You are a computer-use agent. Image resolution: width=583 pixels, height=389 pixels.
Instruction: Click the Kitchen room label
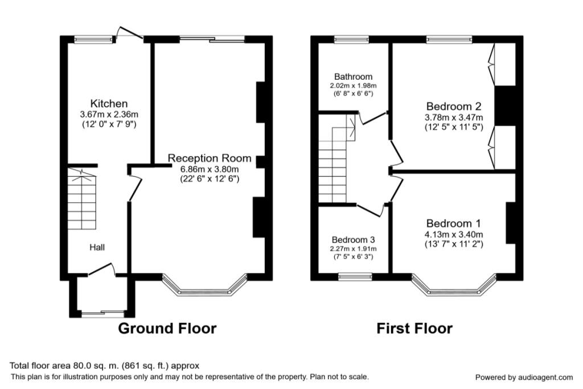[109, 104]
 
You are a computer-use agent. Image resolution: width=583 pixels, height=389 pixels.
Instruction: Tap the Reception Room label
[209, 158]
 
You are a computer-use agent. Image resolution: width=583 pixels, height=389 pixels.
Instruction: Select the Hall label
[96, 247]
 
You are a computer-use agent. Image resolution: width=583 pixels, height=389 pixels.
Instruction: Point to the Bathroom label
[353, 76]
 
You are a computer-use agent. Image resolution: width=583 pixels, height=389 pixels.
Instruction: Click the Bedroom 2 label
[454, 107]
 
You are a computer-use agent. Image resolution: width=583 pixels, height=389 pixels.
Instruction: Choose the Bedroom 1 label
[454, 223]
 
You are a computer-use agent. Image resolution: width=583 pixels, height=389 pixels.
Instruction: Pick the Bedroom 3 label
[353, 240]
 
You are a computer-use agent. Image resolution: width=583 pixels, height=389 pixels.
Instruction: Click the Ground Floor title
[167, 329]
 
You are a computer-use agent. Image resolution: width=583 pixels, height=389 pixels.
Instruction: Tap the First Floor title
[414, 329]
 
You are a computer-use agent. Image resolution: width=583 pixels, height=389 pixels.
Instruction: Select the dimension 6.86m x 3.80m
[209, 169]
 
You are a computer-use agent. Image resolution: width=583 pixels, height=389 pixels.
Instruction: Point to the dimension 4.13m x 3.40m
[454, 234]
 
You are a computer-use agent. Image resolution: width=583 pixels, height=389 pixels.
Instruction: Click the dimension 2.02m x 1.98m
[353, 85]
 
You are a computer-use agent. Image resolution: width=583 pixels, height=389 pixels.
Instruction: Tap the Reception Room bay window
[205, 288]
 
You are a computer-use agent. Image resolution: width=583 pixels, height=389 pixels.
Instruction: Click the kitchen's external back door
[129, 33]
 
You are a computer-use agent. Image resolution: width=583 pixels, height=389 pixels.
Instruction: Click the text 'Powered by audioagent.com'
[524, 377]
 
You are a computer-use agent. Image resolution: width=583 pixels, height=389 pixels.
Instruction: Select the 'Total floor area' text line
[105, 366]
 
